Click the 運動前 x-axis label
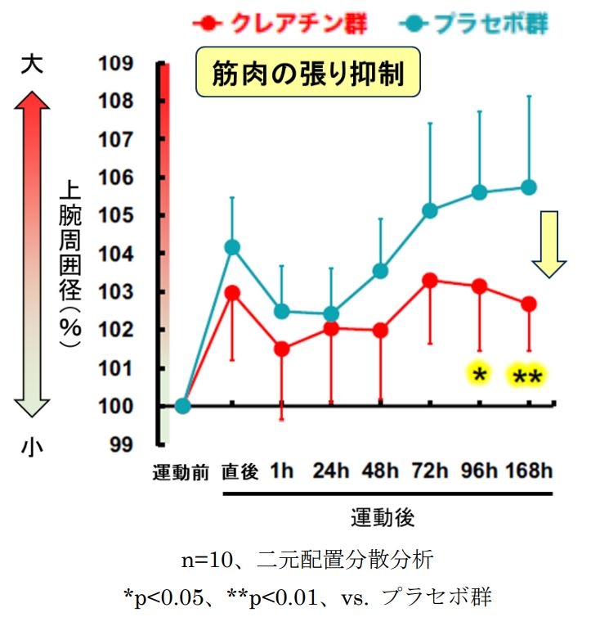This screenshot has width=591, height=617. point(181,472)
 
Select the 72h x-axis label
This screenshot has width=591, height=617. point(430,471)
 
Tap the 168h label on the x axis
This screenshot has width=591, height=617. point(529,471)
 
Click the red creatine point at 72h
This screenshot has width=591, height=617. point(430,281)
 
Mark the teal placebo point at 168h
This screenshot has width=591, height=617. point(529,187)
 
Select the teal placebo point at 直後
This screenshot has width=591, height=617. point(232,247)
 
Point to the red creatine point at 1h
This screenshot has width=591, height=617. point(282,349)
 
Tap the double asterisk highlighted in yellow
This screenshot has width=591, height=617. point(527,377)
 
